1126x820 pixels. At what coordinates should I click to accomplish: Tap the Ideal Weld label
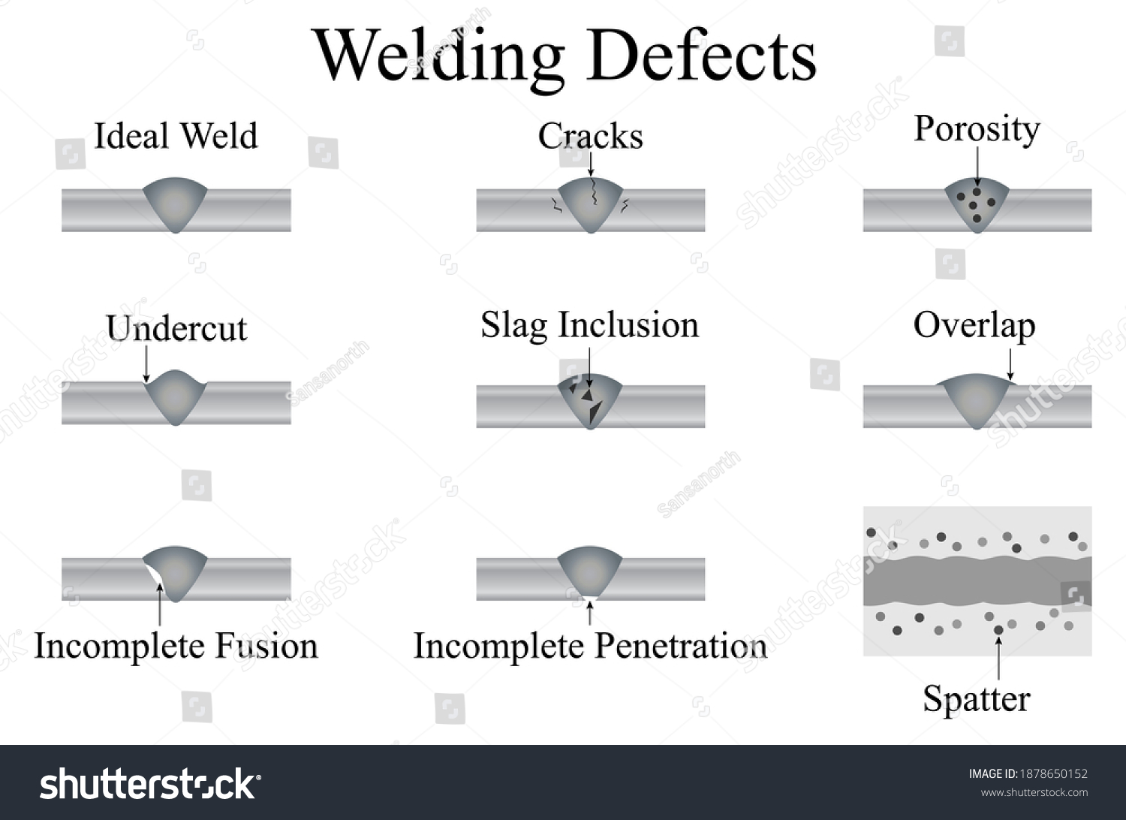[x=176, y=137]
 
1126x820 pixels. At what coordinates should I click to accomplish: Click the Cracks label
[x=590, y=137]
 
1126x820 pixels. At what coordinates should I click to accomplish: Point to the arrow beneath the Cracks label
[x=591, y=164]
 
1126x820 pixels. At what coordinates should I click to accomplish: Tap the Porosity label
[x=977, y=129]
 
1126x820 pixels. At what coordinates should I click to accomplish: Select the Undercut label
[x=176, y=329]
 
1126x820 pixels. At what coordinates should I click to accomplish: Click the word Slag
[x=513, y=326]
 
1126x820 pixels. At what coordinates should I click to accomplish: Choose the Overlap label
[x=974, y=326]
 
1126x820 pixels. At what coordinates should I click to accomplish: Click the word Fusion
[x=266, y=647]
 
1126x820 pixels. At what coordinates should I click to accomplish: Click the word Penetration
[x=680, y=647]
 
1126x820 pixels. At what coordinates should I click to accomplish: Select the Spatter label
[x=976, y=699]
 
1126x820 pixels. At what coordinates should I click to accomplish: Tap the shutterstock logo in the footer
[x=149, y=785]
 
